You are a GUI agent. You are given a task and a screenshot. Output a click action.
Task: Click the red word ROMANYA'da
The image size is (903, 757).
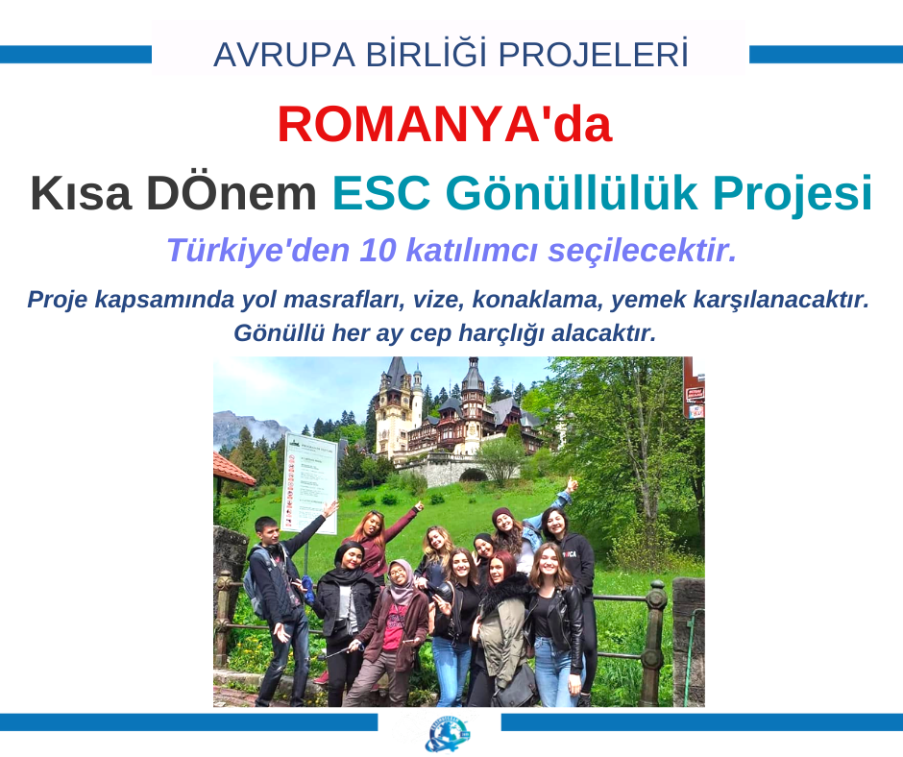pyautogui.click(x=444, y=125)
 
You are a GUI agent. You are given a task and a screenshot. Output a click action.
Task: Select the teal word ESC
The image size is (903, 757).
pyautogui.click(x=381, y=193)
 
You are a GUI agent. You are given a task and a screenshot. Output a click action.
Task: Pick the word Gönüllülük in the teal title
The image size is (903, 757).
pyautogui.click(x=572, y=193)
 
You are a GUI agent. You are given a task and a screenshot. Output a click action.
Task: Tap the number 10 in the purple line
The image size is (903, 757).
pyautogui.click(x=378, y=251)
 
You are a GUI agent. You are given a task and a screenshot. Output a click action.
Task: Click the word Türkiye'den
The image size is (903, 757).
pyautogui.click(x=258, y=251)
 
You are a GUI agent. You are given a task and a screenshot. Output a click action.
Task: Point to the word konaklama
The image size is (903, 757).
pyautogui.click(x=538, y=300)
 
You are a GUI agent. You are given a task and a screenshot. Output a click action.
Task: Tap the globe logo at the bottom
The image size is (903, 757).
pyautogui.click(x=447, y=734)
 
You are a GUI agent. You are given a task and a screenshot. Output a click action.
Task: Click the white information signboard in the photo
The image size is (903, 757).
pyautogui.click(x=310, y=483)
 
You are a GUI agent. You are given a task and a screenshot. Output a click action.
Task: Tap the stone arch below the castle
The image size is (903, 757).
pyautogui.click(x=474, y=475)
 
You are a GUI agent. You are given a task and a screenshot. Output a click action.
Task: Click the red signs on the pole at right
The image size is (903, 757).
pyautogui.click(x=696, y=403)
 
